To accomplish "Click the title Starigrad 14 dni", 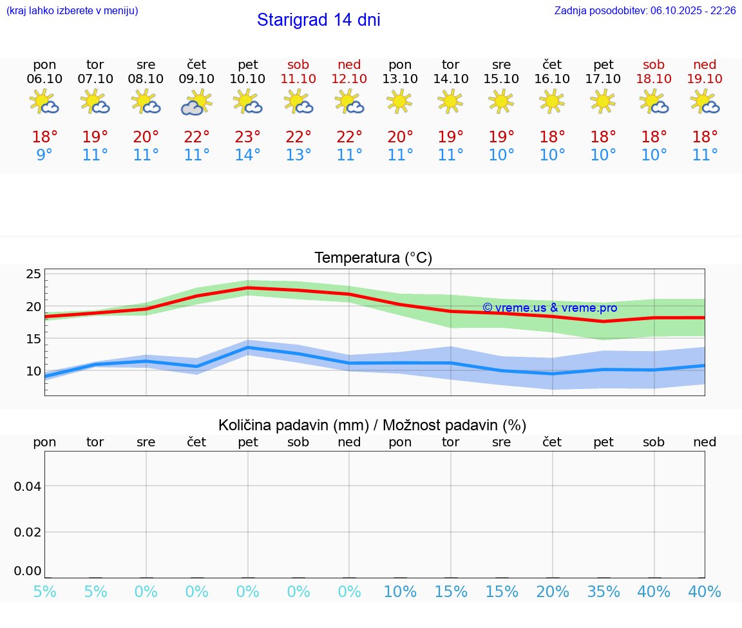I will click(x=318, y=20).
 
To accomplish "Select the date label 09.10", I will click(x=196, y=79).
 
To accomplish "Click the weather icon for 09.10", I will click(x=196, y=102).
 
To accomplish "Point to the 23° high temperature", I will click(x=247, y=137).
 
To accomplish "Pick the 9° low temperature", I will click(x=44, y=155).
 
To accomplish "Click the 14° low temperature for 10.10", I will click(x=247, y=155).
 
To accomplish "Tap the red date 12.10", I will click(x=349, y=79).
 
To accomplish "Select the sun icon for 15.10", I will click(x=501, y=101).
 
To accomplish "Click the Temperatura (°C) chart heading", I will click(x=373, y=258).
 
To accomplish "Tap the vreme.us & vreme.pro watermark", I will click(x=549, y=308).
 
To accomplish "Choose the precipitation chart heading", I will click(x=372, y=425).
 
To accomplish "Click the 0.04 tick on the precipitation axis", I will click(x=28, y=486).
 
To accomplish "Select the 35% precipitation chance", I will click(x=604, y=592).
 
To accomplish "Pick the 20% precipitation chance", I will click(x=553, y=592).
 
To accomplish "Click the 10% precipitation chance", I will click(x=400, y=592).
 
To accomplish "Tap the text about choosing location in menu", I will click(x=71, y=10).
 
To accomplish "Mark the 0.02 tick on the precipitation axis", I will click(x=28, y=532).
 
